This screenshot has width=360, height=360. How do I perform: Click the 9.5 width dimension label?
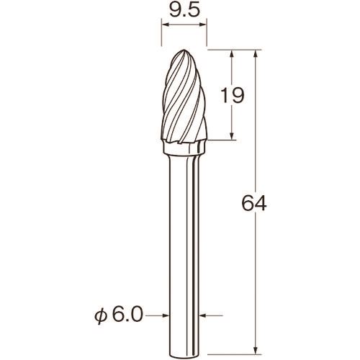pos(184,10)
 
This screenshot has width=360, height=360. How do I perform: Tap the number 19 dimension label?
pos(232,95)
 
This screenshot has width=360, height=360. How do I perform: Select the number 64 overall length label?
pos(254,203)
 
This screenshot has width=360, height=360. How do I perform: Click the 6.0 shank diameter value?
pos(127,314)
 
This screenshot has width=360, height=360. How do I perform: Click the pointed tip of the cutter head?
pos(184,50)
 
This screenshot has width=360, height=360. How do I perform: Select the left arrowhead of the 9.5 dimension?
pos(166,24)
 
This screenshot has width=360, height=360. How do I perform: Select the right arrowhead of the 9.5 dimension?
pos(203,24)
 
